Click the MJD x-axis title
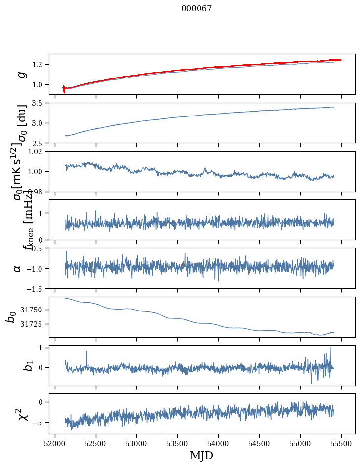coord(201,456)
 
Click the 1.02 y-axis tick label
coord(38,152)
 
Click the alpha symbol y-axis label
coord(18,268)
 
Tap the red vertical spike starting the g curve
coord(64,89)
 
